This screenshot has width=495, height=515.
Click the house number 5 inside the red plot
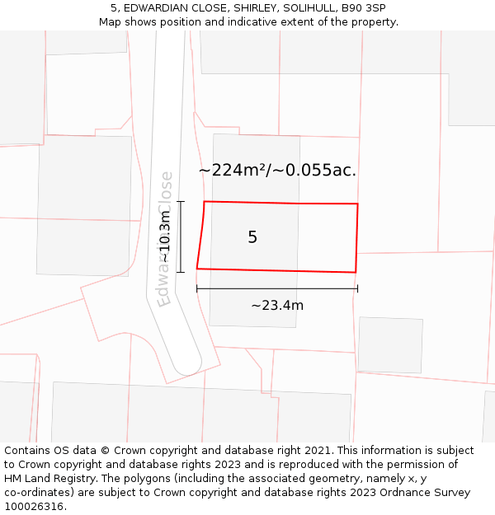pos(252,237)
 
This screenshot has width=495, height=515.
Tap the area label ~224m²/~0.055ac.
pos(277,171)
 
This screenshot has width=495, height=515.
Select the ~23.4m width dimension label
pos(277,306)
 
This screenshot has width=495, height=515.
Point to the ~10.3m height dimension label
pos(165,236)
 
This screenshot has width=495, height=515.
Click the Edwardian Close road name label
pos(166,239)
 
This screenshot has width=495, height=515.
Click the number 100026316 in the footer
pos(33,507)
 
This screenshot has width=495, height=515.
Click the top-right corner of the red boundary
pos(357,204)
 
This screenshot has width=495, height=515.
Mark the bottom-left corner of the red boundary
pos(197,268)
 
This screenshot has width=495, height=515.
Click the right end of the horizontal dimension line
pos(357,288)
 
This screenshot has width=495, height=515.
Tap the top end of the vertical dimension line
pos(181,201)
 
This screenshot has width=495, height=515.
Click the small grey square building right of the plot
pos(389,344)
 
